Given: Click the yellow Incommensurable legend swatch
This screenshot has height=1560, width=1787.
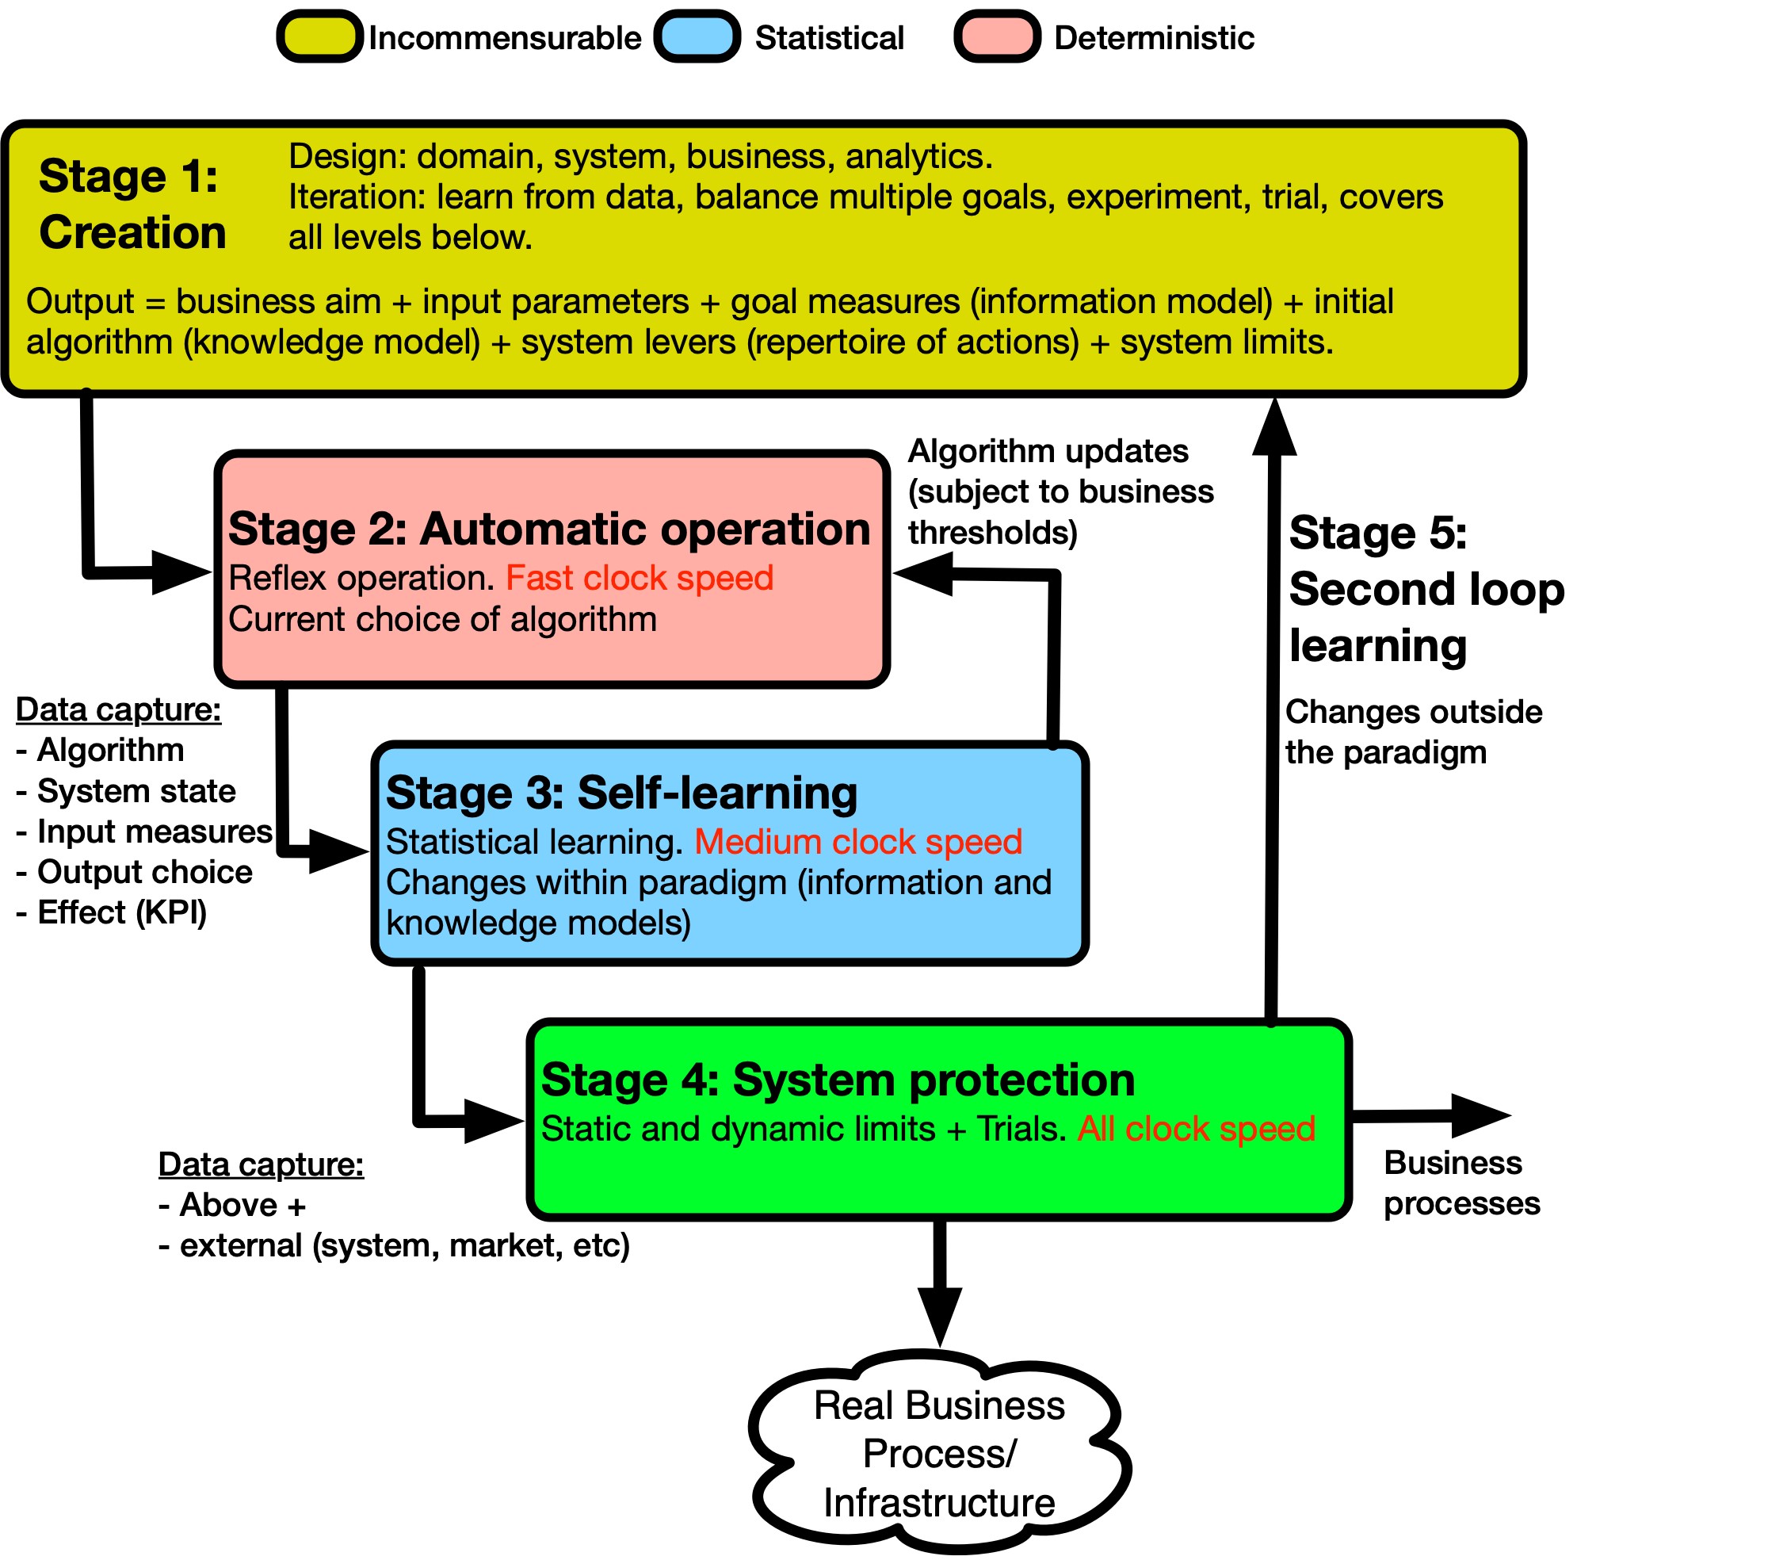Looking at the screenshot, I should point(319,37).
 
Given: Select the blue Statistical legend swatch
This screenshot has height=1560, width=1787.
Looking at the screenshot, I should point(697,37).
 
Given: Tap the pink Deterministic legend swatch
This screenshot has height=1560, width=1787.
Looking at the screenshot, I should point(997,37).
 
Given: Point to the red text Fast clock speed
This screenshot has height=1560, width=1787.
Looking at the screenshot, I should point(640,578).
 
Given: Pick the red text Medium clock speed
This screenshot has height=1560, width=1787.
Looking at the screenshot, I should point(858,842).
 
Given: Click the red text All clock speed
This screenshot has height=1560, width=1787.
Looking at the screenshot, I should point(1196,1128).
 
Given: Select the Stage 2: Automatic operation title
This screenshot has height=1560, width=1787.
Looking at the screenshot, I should point(549,529).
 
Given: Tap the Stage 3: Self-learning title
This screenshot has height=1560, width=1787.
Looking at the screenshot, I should point(621,792).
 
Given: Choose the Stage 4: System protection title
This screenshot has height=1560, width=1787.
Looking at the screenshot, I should point(838,1080).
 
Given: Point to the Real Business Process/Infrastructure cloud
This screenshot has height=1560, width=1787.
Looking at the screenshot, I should point(939,1454).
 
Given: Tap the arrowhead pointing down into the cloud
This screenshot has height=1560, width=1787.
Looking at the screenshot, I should point(940,1314).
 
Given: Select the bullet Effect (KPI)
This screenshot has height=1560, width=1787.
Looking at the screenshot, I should point(113,912).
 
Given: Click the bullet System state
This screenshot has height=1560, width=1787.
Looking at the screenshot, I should point(127,790).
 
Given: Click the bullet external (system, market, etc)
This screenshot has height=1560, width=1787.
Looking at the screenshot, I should point(395,1246).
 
